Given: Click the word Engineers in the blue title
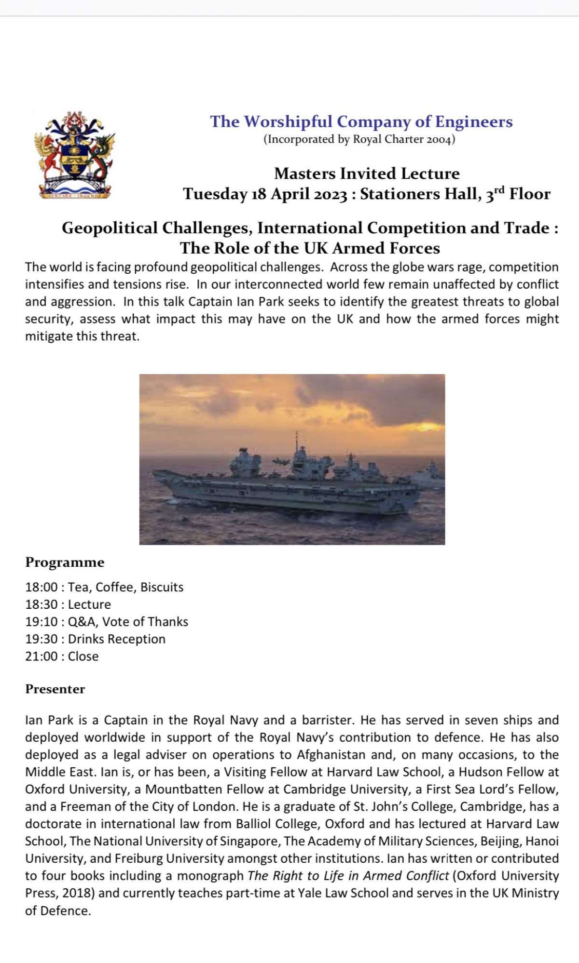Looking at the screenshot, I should [x=474, y=122].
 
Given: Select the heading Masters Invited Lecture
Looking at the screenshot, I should [x=367, y=174].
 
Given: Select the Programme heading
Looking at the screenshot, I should [x=65, y=562].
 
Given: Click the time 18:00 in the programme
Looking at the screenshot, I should [x=41, y=587].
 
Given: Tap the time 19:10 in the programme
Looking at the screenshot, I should [x=41, y=622].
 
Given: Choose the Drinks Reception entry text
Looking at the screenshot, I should [x=117, y=639].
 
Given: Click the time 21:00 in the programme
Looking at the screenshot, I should [x=41, y=656].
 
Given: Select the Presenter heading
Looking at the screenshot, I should [x=55, y=689].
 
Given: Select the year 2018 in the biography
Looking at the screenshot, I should [x=78, y=893].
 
